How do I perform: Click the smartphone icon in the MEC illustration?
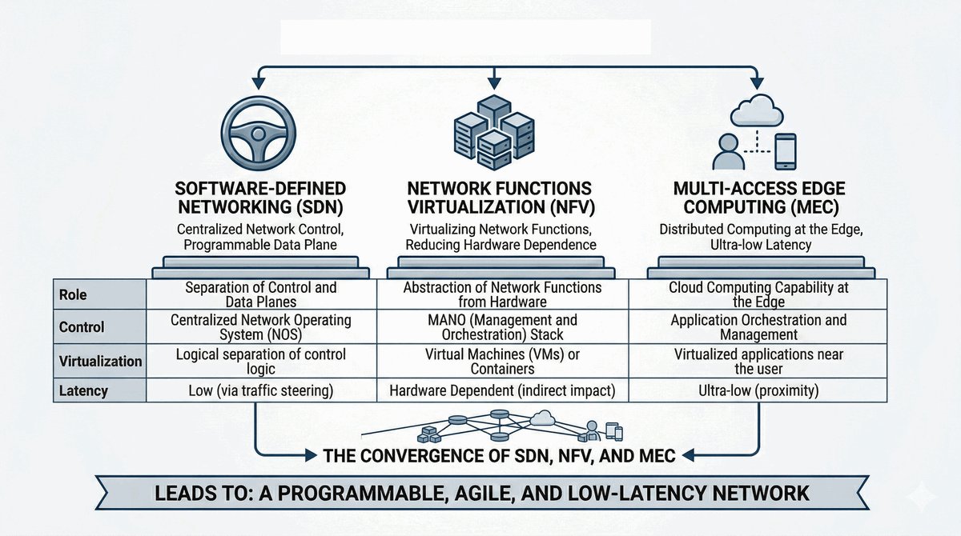[786, 151]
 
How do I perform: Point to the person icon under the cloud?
[727, 152]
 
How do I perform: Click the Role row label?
[74, 294]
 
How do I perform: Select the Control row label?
[82, 327]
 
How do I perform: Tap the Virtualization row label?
[100, 361]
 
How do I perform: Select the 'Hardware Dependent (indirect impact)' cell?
[502, 391]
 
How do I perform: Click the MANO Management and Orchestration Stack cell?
[502, 327]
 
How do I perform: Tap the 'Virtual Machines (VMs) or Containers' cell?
[502, 361]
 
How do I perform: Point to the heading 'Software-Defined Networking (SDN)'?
[261, 198]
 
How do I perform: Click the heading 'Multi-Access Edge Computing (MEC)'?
[758, 198]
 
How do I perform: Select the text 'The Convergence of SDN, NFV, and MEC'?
[499, 457]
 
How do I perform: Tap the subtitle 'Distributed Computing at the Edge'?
[758, 230]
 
